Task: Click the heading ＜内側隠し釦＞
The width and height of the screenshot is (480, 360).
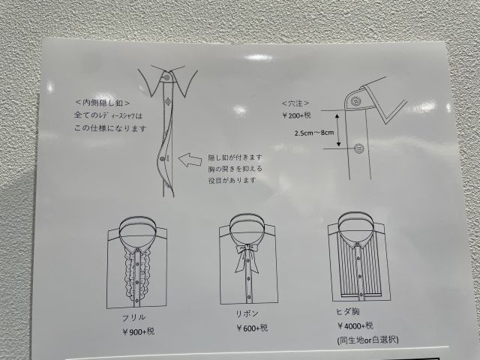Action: (x=103, y=103)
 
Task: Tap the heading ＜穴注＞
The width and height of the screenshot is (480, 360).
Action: (x=295, y=103)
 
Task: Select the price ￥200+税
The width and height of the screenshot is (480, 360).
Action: (x=296, y=115)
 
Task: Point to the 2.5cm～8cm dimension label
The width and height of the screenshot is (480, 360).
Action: (x=314, y=133)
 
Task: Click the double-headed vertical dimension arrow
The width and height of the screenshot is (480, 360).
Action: (x=337, y=130)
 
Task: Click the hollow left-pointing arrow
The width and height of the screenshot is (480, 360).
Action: (x=190, y=160)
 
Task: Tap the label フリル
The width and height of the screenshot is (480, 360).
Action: (x=133, y=318)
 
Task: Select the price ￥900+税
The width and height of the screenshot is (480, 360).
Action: (x=138, y=331)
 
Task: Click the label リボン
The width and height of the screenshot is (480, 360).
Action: (x=247, y=313)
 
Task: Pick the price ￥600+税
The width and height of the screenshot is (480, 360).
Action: (x=252, y=328)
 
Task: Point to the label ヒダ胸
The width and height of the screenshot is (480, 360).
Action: (x=348, y=312)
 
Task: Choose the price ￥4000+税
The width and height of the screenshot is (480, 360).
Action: (x=355, y=325)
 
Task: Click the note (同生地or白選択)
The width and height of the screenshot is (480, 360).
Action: (x=367, y=340)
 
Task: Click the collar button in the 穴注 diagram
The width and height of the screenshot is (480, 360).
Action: (x=355, y=101)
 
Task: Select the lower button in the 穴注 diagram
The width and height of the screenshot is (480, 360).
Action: (x=358, y=148)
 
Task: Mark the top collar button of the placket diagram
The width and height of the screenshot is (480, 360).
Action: (x=166, y=77)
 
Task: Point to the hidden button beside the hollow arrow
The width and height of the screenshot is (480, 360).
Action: (x=163, y=158)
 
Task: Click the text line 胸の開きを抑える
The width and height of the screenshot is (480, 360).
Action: (x=235, y=169)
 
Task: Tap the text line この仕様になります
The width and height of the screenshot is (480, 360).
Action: (x=110, y=128)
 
